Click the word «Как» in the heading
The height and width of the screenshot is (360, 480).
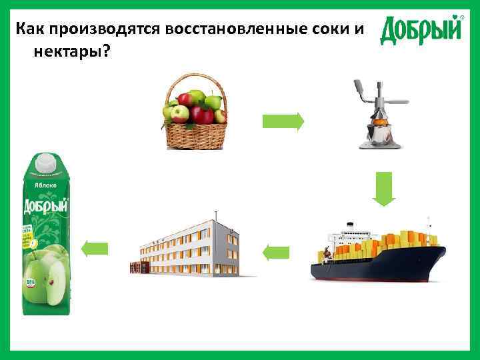pos(31,29)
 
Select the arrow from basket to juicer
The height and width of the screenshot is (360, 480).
pos(283,121)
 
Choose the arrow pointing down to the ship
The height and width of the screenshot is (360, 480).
pos(384,189)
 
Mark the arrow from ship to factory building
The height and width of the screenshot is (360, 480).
pos(277,252)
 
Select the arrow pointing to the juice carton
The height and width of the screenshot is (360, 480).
pos(94,249)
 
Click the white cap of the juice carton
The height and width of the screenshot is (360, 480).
pos(45,161)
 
